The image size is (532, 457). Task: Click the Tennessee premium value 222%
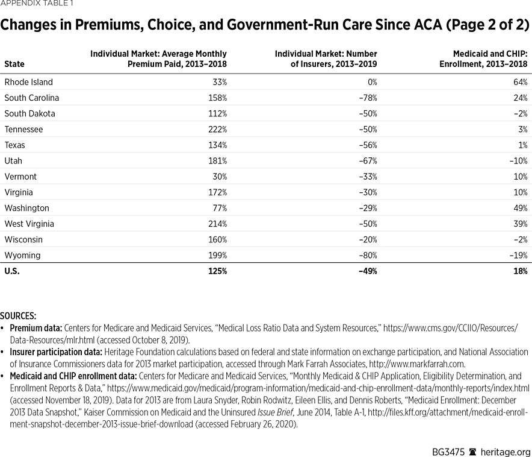218,130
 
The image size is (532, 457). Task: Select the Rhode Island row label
28,82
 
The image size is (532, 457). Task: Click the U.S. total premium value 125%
217,271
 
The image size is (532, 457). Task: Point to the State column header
14,64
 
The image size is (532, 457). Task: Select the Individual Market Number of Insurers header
326,58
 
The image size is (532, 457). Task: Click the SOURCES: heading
18,316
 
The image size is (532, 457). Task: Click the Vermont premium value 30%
219,177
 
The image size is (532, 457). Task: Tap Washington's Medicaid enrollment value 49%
520,208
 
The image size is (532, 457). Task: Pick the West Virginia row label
29,224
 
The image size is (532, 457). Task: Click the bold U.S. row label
12,271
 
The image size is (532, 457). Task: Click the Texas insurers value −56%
368,145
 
